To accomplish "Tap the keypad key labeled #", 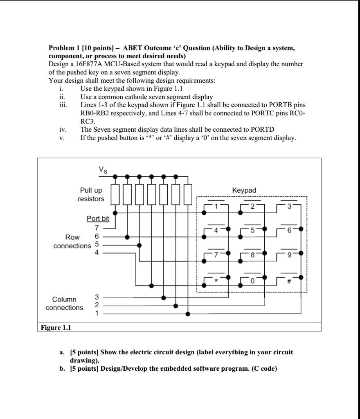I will (289, 281).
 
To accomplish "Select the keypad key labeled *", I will (216, 281).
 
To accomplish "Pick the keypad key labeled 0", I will (253, 281).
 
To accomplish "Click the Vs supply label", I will (103, 169).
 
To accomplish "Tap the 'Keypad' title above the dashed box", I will (244, 190).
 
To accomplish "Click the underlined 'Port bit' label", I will (98, 219).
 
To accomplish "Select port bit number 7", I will (97, 228).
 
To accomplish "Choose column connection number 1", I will (97, 314).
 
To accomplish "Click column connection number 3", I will (97, 297).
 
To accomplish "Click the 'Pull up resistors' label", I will (91, 195).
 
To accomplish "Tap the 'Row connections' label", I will (72, 241).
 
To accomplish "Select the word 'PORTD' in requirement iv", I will (262, 129).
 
